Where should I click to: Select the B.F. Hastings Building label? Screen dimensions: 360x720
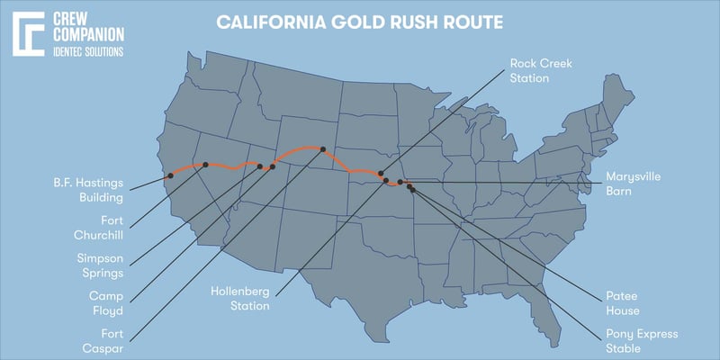[87, 188]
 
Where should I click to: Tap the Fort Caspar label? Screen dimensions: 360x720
[103, 343]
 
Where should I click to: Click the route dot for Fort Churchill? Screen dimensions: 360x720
[206, 164]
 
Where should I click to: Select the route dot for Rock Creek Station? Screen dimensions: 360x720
[381, 174]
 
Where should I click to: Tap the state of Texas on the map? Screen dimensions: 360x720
[351, 270]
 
